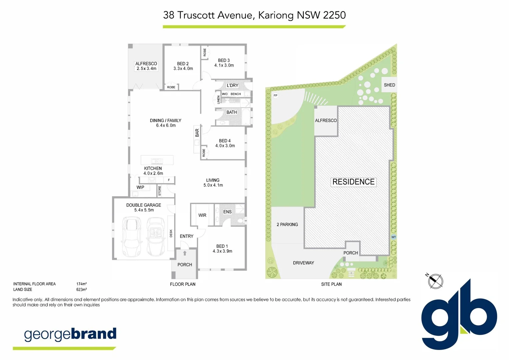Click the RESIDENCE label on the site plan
(353, 182)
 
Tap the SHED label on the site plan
(389, 85)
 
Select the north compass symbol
(435, 281)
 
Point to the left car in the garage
(132, 236)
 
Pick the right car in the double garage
(156, 236)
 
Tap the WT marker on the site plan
(393, 237)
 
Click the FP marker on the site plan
(275, 96)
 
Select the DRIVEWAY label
(303, 263)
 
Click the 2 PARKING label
(287, 225)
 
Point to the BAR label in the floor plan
(197, 133)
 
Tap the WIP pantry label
(140, 187)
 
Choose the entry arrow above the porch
(185, 253)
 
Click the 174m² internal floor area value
(81, 284)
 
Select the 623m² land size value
(81, 290)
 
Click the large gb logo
(459, 315)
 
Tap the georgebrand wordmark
(70, 334)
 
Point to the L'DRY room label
(232, 86)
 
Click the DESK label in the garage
(171, 233)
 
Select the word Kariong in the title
(276, 15)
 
